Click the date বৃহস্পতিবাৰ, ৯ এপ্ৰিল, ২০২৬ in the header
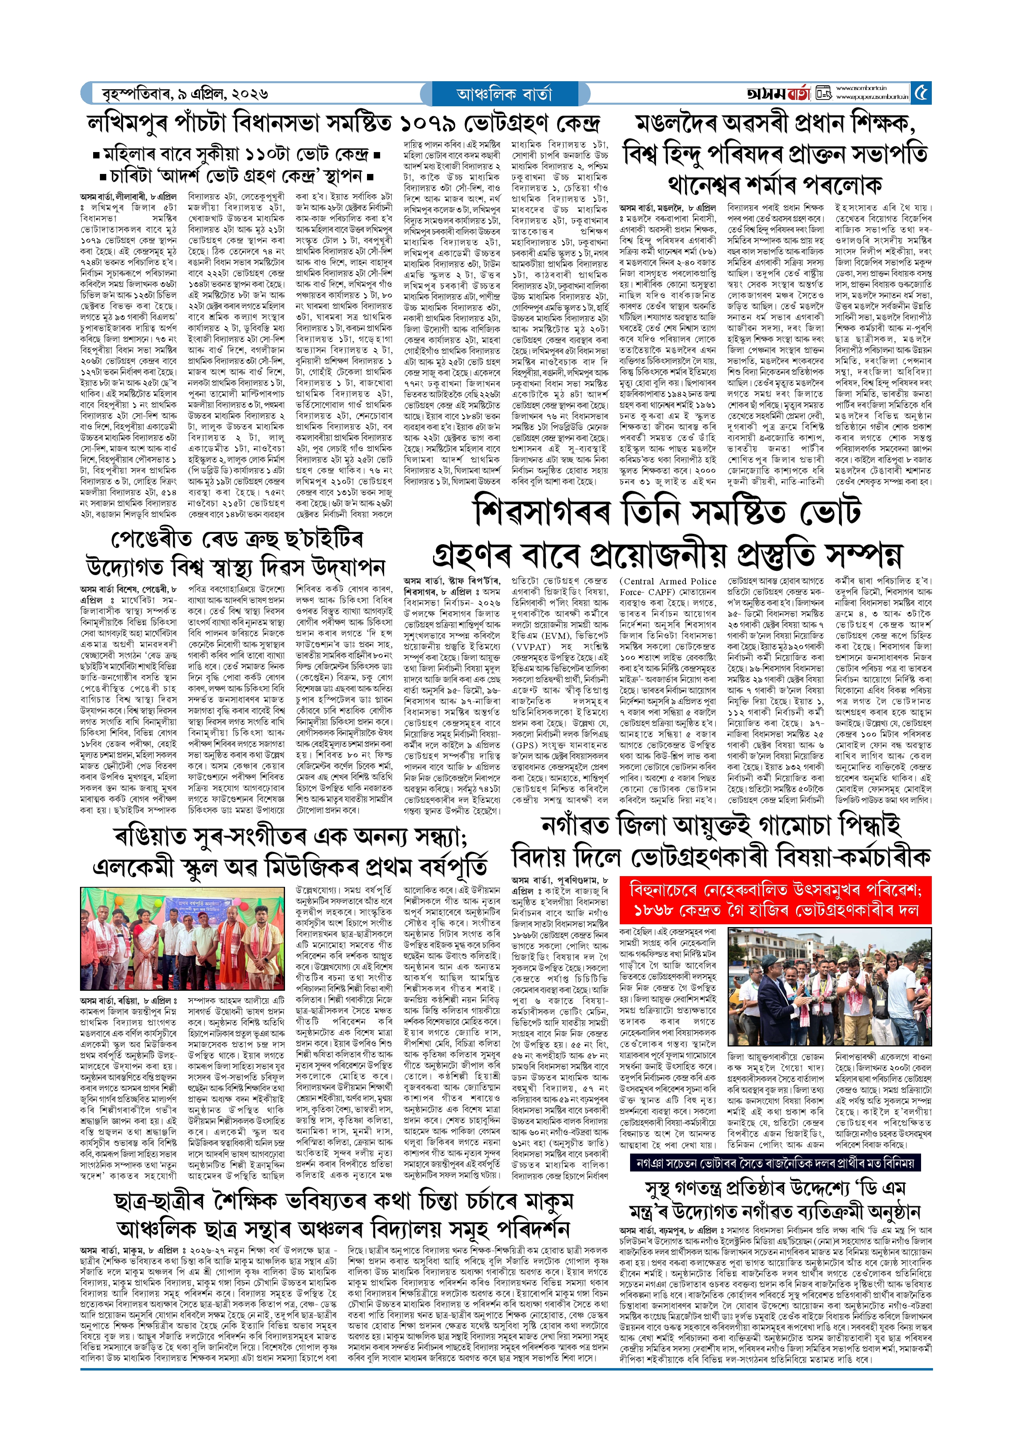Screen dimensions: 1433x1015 coord(185,94)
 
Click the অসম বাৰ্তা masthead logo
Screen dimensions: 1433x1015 coord(778,94)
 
